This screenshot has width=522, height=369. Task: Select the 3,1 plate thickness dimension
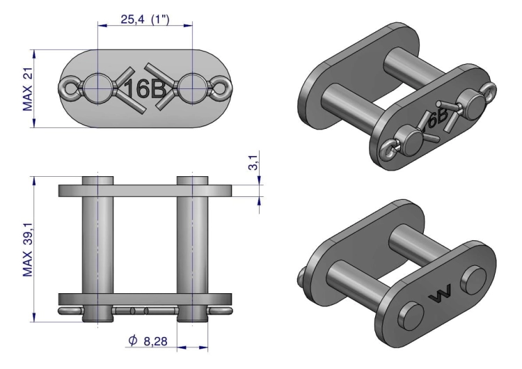tap(255, 164)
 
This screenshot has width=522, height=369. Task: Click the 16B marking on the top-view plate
tap(144, 88)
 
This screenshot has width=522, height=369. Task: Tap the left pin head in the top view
tap(97, 88)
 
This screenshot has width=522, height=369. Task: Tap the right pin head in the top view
tap(191, 88)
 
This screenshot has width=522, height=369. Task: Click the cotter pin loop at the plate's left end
tap(69, 88)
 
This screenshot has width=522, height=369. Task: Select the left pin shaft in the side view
tap(98, 244)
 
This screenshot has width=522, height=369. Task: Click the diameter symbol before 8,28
tap(133, 340)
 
